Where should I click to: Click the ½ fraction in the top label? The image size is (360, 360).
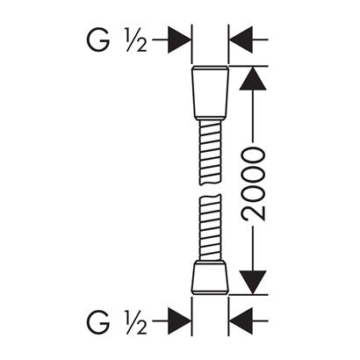[x=136, y=40]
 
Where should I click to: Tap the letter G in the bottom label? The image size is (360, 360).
[x=98, y=321]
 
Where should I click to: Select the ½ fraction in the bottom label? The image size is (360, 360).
[x=136, y=322]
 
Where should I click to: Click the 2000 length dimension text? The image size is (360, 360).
[x=253, y=184]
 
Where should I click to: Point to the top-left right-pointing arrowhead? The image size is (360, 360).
[x=179, y=40]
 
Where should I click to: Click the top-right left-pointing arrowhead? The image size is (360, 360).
[x=241, y=40]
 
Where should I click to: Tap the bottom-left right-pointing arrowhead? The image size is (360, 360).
[x=179, y=321]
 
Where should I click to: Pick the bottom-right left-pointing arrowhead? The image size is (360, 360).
[x=241, y=321]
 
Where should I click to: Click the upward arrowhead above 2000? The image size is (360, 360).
[x=253, y=78]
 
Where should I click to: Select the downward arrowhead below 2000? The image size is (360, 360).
[x=253, y=283]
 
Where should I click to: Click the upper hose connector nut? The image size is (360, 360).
[x=210, y=92]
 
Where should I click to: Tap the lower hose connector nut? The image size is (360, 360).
[x=210, y=278]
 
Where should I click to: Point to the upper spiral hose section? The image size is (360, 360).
[x=210, y=153]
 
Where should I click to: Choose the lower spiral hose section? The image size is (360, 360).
[x=210, y=227]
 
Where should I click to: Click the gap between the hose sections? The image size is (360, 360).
[x=210, y=190]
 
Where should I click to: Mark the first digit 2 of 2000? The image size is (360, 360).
[x=253, y=212]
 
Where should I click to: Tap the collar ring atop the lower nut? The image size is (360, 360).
[x=210, y=261]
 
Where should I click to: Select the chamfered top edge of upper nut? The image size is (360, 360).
[x=210, y=68]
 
